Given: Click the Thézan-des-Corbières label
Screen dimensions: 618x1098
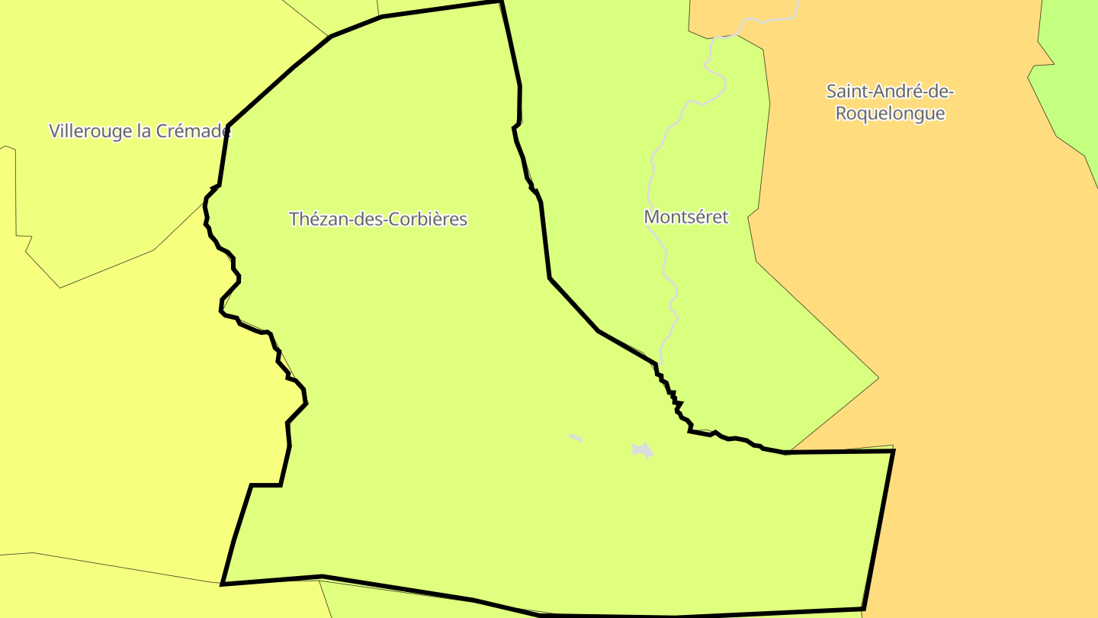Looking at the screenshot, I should click(377, 219).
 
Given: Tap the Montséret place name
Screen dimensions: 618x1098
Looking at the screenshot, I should click(685, 217).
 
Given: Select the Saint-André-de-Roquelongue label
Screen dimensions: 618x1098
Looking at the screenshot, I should click(890, 102).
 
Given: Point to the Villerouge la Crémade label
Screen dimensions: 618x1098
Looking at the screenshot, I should click(140, 131).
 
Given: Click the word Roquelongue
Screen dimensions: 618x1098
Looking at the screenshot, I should click(890, 114).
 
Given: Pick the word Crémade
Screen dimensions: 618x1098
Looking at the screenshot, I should click(194, 131).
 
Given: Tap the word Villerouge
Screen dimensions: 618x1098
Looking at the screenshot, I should click(90, 131).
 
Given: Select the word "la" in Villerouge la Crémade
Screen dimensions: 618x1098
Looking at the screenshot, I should click(143, 131).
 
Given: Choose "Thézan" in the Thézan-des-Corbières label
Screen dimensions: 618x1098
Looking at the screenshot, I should click(314, 219).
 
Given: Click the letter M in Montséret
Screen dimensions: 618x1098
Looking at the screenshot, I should click(651, 217).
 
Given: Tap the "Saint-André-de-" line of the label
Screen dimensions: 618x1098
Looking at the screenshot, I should click(890, 92).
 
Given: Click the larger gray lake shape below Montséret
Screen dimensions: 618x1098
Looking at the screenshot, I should click(643, 450).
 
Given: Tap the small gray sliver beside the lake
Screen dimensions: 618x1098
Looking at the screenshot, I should click(575, 438).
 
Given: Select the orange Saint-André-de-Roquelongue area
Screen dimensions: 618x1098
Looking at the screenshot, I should click(953, 305).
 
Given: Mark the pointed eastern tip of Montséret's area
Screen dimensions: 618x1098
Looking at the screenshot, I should click(878, 377).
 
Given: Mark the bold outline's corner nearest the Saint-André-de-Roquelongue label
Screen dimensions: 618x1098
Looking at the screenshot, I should click(892, 451).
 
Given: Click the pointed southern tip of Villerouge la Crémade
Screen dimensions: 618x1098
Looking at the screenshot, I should click(60, 287).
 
